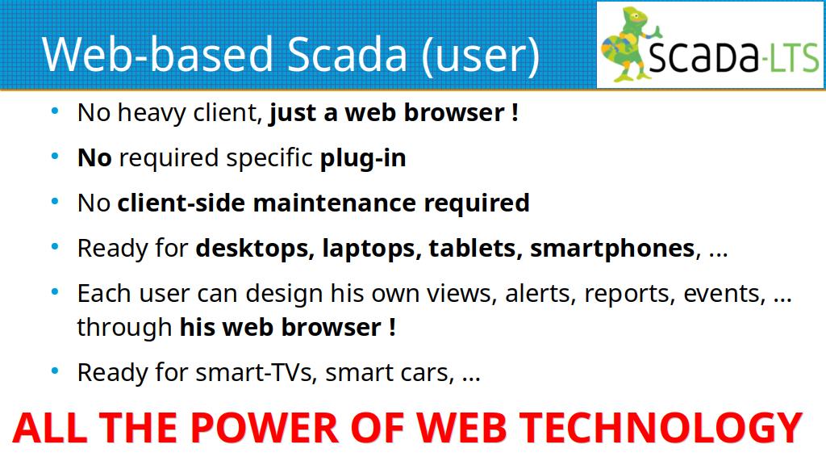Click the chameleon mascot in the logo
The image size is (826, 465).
click(629, 44)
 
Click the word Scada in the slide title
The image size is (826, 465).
click(348, 54)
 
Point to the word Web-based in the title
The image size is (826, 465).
click(157, 54)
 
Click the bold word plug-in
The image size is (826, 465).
click(363, 158)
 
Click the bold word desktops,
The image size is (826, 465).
click(255, 249)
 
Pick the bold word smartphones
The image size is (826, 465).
click(612, 249)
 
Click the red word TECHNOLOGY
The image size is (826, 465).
click(661, 427)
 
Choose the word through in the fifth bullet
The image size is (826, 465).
click(124, 328)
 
